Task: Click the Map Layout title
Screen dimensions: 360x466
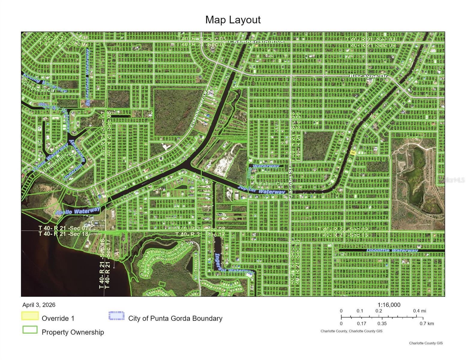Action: click(233, 20)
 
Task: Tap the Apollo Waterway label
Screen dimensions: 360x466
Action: click(77, 211)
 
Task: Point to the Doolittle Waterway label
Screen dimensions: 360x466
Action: click(392, 250)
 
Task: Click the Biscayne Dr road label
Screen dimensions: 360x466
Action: click(368, 76)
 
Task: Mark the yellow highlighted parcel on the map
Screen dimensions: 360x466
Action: click(353, 153)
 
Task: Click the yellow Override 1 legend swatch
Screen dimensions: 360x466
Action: click(30, 316)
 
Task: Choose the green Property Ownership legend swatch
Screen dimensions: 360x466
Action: click(30, 330)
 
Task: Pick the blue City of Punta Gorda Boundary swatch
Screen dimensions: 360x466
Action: click(117, 316)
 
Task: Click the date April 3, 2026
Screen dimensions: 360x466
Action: click(39, 305)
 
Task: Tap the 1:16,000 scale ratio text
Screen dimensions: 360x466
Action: click(389, 305)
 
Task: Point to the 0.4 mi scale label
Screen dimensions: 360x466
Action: click(419, 311)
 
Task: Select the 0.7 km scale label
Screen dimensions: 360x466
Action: click(426, 324)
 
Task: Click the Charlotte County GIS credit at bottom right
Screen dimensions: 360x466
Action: click(426, 343)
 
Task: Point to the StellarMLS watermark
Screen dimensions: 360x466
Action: click(452, 180)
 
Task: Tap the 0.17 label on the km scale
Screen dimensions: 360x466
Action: click(362, 324)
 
